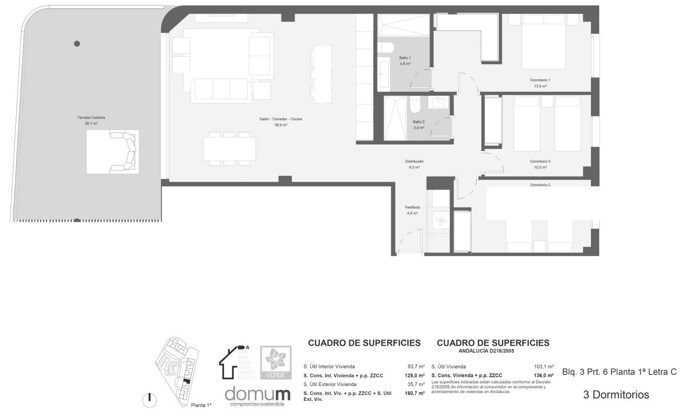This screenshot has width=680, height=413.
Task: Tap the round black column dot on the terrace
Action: (77, 44)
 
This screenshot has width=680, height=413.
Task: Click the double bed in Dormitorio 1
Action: (544, 42)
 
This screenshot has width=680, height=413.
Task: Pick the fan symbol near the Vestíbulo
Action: (441, 220)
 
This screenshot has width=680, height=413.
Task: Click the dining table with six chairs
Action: (229, 149)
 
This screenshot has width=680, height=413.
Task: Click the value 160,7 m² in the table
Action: (415, 393)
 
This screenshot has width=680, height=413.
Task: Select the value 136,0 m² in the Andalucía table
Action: (544, 375)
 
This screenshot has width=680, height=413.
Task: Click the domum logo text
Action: (257, 394)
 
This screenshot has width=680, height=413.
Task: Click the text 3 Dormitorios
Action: (616, 395)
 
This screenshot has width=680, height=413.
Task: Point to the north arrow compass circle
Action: (149, 399)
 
